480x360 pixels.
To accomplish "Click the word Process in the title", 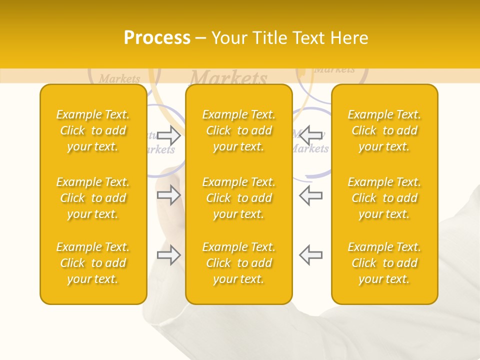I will [157, 38].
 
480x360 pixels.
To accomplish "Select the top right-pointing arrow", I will [168, 135].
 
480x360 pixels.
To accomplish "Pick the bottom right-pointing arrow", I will [168, 255].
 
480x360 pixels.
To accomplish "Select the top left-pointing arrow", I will [310, 135].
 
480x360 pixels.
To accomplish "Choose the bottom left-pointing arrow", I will [310, 255].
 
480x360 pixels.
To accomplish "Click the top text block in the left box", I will [93, 130].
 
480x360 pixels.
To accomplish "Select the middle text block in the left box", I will [93, 198].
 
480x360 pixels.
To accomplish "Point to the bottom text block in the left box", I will [93, 263].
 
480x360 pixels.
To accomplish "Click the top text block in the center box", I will [239, 130].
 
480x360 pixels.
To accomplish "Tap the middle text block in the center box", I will [239, 198].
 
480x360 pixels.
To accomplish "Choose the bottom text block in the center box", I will [239, 263].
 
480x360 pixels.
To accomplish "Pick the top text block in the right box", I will [384, 130].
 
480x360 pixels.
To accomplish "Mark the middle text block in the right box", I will [384, 198].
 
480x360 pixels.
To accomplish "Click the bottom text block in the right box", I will [384, 263].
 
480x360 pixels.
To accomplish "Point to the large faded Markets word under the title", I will [228, 78].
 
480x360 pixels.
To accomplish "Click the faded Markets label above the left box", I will [119, 78].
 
